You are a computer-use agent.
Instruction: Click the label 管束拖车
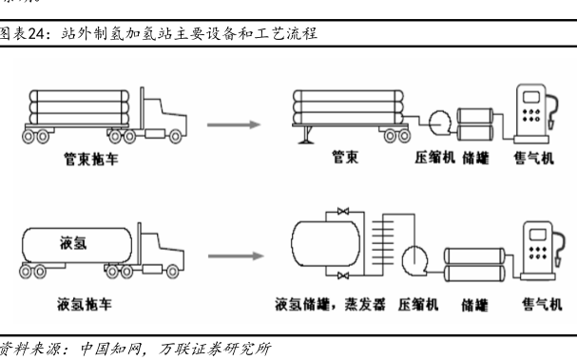click(91, 159)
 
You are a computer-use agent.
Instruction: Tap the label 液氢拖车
click(85, 304)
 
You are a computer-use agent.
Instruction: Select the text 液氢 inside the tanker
click(73, 243)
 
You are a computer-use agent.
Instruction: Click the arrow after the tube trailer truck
click(234, 124)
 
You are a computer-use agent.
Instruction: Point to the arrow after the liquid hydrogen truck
click(236, 256)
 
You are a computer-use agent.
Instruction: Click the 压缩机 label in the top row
click(435, 158)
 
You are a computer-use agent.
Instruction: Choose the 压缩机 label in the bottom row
click(418, 305)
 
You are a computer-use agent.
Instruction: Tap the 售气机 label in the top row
click(533, 158)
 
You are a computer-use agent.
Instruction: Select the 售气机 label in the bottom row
click(542, 305)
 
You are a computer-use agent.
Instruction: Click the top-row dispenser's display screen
click(531, 97)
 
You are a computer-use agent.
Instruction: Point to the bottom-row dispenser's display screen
click(538, 235)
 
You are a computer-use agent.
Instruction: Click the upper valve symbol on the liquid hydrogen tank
click(343, 212)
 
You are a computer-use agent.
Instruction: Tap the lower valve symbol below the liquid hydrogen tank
click(343, 275)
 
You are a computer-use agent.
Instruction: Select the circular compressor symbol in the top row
click(439, 123)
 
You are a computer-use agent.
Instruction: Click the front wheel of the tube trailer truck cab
click(175, 137)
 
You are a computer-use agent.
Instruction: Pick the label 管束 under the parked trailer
click(345, 157)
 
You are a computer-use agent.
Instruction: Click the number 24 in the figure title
click(36, 34)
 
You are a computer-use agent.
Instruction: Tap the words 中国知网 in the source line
click(111, 349)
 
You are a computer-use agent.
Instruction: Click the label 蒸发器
click(365, 305)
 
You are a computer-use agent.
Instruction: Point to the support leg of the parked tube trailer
click(306, 135)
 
